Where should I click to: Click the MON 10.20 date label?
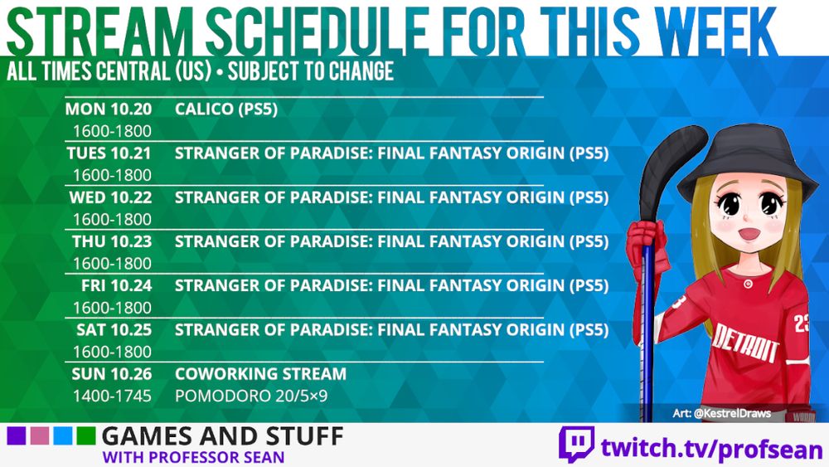109,109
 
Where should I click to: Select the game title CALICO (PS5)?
226,109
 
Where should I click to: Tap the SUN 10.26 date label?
112,374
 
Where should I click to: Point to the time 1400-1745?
112,396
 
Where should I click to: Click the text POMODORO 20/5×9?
251,396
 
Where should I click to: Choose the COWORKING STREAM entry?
260,374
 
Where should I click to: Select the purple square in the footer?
16,436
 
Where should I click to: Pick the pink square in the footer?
39,436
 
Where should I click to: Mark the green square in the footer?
85,436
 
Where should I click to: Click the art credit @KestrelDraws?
722,413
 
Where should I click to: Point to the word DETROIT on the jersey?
745,343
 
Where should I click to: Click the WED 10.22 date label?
110,197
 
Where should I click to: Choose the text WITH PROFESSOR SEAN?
193,457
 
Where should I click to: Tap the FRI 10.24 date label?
116,285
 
